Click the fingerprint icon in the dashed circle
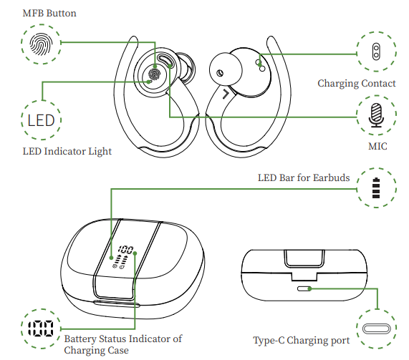click(41, 44)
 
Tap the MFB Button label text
click(49, 13)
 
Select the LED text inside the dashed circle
click(41, 120)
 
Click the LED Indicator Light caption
click(67, 152)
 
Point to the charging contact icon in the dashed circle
click(376, 52)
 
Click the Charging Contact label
click(356, 84)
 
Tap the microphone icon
click(376, 115)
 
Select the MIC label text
click(377, 146)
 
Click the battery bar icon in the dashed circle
click(376, 188)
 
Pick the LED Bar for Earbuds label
click(304, 177)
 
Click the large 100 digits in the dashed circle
click(41, 329)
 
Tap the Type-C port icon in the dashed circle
click(376, 329)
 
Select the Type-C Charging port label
click(302, 341)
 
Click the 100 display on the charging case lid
click(125, 250)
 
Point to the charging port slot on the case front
click(304, 288)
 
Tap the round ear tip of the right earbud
click(226, 69)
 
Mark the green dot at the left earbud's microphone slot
click(170, 65)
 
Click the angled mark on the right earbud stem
click(226, 94)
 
